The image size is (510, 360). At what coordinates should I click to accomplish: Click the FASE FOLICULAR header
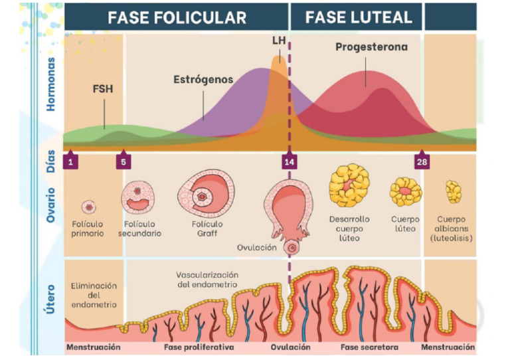tap(177, 17)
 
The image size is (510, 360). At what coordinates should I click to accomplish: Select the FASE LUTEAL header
tap(358, 17)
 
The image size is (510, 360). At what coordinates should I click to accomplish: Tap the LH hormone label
tap(280, 41)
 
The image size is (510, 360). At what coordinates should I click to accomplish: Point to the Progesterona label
tap(371, 47)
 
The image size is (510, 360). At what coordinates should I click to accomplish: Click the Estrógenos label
tap(203, 79)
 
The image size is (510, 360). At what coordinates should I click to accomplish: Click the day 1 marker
tap(70, 161)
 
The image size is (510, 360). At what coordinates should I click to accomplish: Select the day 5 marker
tap(123, 161)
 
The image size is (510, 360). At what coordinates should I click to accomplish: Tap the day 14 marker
tap(289, 161)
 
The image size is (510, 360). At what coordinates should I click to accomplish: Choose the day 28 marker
tap(421, 161)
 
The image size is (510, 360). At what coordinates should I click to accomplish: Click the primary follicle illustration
tap(88, 207)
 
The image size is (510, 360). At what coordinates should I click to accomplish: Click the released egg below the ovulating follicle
tap(290, 247)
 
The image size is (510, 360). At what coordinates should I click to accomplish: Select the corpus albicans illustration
tap(454, 192)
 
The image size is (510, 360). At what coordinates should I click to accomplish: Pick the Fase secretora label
tap(369, 347)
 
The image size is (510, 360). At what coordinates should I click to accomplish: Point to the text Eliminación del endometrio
tap(94, 295)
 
